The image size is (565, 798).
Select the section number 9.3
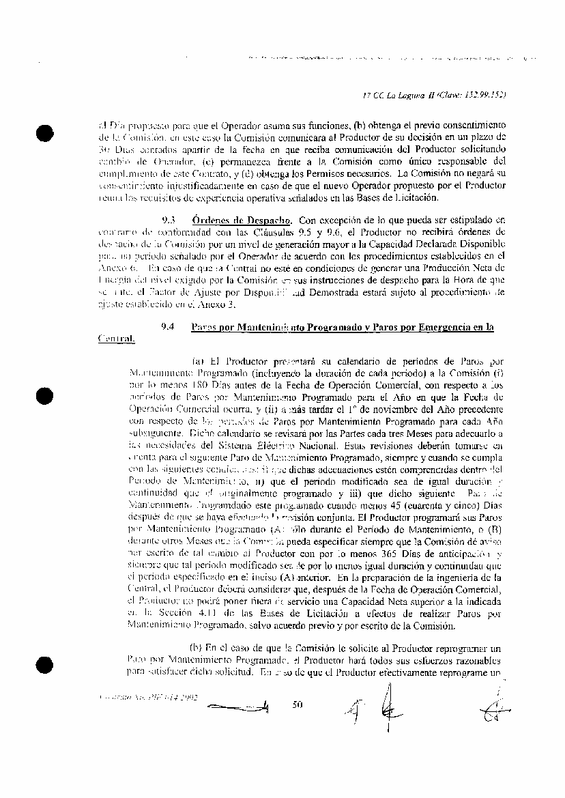click(168, 220)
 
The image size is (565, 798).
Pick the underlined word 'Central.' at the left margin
click(116, 338)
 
